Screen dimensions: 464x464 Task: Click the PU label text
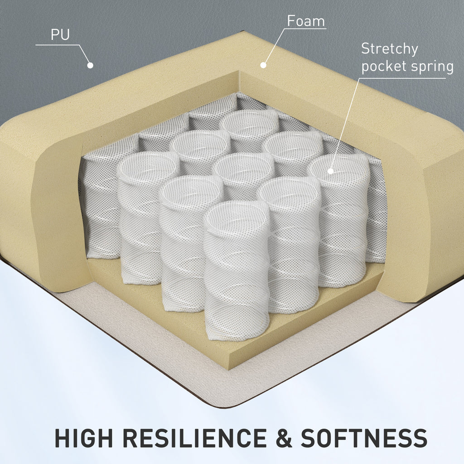coord(60,35)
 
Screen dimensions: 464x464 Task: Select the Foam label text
coord(306,21)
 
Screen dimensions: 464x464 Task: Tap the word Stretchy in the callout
coord(389,49)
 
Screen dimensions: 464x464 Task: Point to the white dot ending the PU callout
coord(90,65)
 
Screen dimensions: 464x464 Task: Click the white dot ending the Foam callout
coord(262,65)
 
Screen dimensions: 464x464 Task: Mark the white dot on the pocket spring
coord(330,171)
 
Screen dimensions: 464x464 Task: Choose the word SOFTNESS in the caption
coord(364,438)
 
